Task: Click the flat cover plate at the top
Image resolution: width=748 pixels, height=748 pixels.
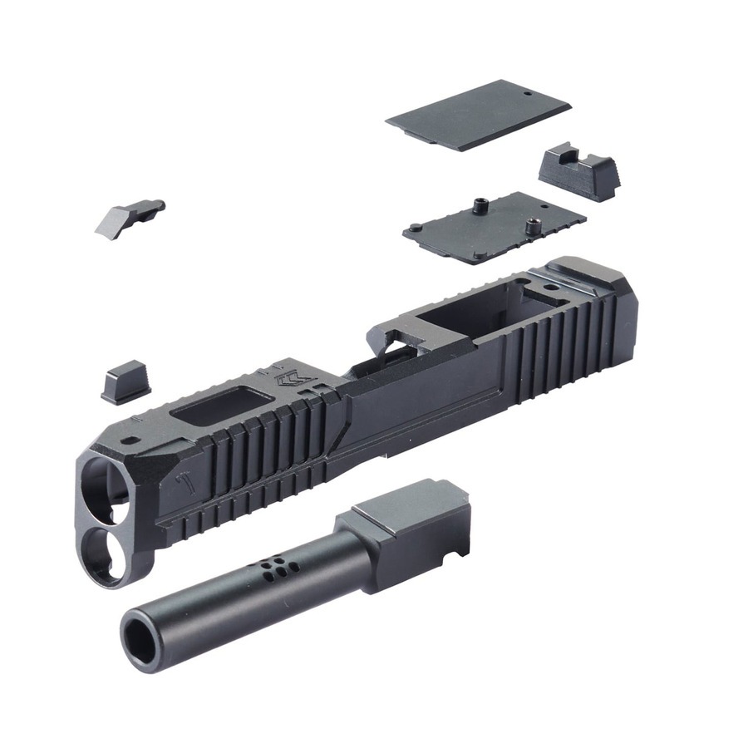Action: click(x=478, y=116)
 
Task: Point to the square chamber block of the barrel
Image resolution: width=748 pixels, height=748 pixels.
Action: click(x=407, y=524)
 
